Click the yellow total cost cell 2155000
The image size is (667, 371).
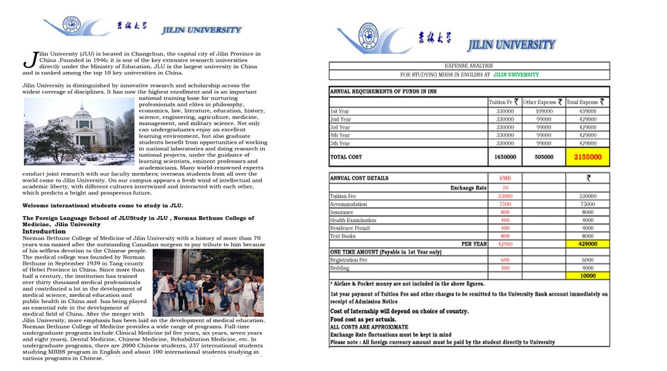pos(587,157)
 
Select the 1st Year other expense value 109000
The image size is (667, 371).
pos(544,111)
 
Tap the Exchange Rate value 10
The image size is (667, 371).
pos(505,188)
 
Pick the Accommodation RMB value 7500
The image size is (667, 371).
pos(505,204)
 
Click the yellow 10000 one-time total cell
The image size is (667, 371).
pos(587,276)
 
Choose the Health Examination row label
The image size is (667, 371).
pos(353,220)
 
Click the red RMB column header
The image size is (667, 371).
pos(505,178)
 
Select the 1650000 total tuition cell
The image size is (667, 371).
pos(505,157)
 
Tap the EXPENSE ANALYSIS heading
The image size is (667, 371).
pos(469,66)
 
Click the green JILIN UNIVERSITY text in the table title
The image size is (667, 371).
pos(515,75)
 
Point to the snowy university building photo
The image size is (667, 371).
pos(79,131)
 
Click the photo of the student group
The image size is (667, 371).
pos(208,283)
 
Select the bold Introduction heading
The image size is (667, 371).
pos(44,232)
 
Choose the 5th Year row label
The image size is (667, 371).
pos(340,144)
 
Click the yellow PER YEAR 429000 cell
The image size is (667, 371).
pos(587,244)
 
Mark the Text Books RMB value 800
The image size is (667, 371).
pos(505,236)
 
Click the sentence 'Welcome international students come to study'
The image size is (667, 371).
pos(102,206)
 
